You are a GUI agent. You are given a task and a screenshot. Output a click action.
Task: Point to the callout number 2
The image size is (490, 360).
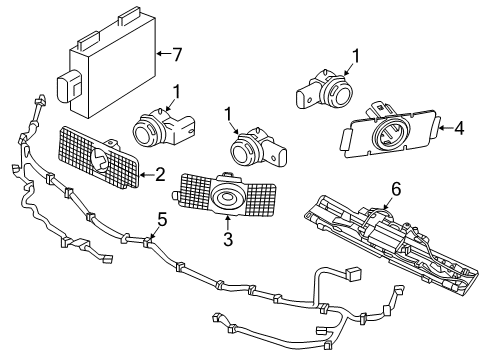[160, 173]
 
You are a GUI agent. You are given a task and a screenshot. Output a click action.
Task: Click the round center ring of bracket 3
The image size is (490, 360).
[229, 200]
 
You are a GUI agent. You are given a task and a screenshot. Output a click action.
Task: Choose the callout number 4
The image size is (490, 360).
[458, 127]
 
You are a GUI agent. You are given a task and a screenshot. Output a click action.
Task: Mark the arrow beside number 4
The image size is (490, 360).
[443, 127]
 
